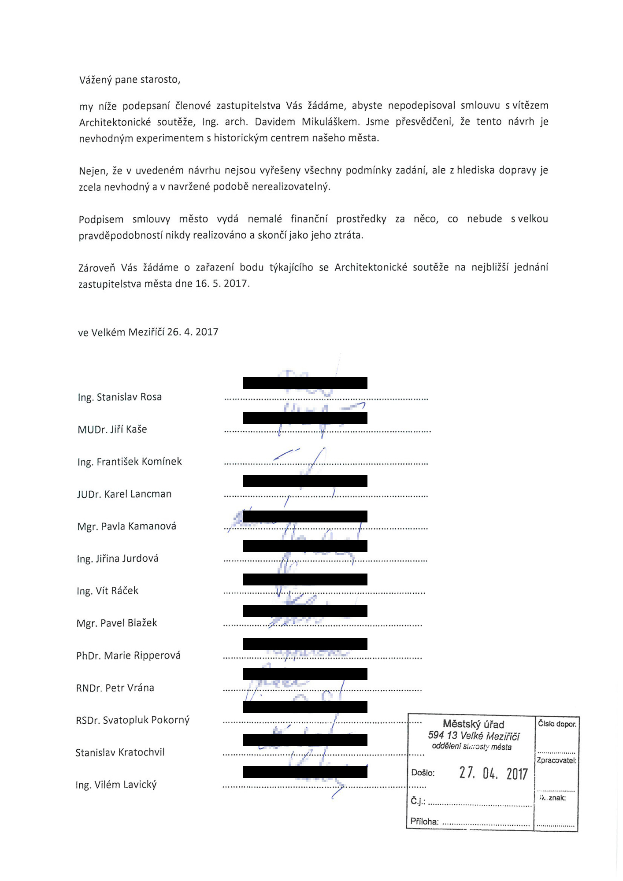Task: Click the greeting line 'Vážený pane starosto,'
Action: tap(130, 80)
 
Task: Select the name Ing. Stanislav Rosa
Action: tap(120, 397)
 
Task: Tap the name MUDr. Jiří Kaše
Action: tap(112, 429)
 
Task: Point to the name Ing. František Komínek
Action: tap(130, 462)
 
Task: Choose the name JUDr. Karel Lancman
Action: tap(124, 494)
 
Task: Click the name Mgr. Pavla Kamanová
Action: tap(126, 526)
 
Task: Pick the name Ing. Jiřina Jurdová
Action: tap(118, 559)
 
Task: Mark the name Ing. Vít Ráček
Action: tap(108, 591)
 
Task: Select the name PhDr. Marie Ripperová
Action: tap(128, 655)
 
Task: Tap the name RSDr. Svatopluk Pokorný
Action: tap(133, 720)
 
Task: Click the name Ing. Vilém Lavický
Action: tap(116, 785)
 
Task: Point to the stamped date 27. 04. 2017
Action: tap(493, 773)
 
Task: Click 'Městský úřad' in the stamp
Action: tap(473, 724)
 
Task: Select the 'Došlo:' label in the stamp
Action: tap(423, 773)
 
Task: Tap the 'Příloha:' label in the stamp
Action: tap(424, 821)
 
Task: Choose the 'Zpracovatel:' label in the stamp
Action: tap(556, 760)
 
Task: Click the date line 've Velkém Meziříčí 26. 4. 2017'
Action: tap(148, 332)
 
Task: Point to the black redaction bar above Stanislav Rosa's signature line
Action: tap(305, 383)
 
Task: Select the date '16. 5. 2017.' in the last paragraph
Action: tap(222, 284)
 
